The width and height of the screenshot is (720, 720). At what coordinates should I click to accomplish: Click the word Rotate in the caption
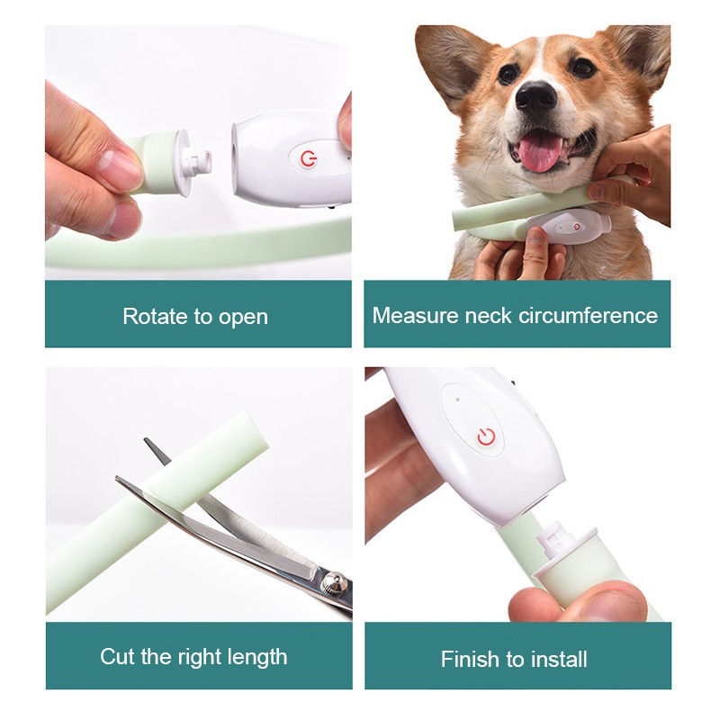(154, 316)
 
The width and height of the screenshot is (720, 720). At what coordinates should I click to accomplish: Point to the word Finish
(470, 660)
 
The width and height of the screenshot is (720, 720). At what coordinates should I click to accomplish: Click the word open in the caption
(244, 317)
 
